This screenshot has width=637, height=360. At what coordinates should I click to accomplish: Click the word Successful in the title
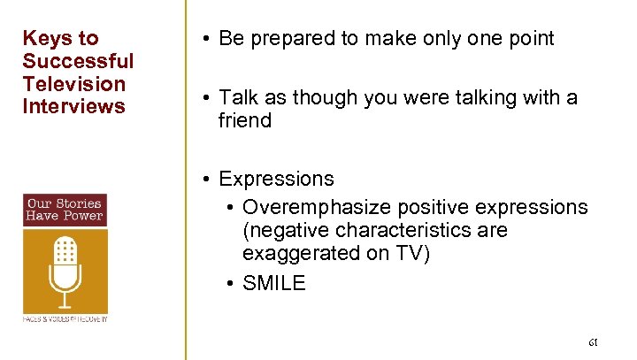[x=78, y=61]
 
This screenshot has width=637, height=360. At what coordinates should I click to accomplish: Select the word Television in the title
[x=74, y=84]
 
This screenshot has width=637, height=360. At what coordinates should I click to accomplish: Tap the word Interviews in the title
[x=74, y=107]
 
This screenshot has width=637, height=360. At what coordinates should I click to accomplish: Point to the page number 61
[x=593, y=341]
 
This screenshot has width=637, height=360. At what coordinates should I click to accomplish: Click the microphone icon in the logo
[x=65, y=269]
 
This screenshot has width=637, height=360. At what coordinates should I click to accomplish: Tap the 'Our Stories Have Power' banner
[x=65, y=210]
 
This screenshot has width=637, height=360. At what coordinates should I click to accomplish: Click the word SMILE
[x=273, y=283]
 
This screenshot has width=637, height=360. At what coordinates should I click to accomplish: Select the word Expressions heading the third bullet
[x=276, y=179]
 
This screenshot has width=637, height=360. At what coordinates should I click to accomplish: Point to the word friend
[x=245, y=120]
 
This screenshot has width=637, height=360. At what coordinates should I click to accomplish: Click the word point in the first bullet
[x=529, y=38]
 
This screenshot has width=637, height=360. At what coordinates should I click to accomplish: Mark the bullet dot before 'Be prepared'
[x=204, y=39]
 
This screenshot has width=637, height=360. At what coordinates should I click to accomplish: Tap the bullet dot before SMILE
[x=229, y=284]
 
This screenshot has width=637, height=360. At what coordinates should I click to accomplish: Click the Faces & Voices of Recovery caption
[x=65, y=318]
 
